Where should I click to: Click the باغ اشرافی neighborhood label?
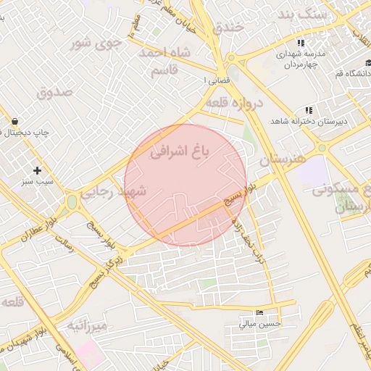click(179, 151)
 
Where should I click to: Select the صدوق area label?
click(55, 92)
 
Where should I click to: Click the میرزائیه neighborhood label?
click(88, 326)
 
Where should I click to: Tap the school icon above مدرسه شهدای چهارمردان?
click(299, 43)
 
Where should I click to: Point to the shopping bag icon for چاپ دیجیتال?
click(14, 122)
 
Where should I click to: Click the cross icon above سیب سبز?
click(37, 170)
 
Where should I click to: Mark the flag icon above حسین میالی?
click(260, 312)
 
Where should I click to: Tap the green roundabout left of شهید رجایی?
click(72, 201)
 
